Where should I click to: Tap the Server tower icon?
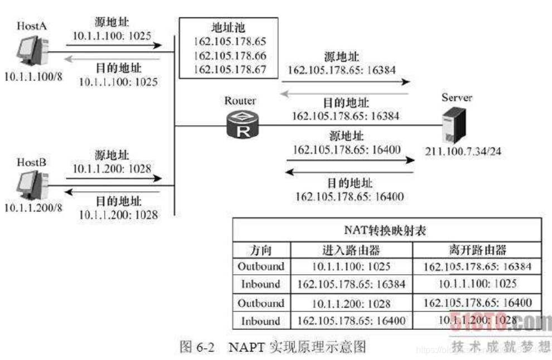(452, 125)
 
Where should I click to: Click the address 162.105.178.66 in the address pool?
(230, 56)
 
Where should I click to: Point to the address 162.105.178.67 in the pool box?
(230, 70)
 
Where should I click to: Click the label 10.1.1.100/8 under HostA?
(31, 76)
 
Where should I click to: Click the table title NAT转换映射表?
(386, 230)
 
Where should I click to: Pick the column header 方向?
(260, 249)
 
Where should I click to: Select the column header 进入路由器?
(351, 249)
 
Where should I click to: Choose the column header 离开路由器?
(477, 249)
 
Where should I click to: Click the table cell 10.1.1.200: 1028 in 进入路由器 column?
(351, 303)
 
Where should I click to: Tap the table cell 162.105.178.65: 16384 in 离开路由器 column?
(477, 266)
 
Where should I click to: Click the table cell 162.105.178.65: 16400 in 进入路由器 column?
(351, 320)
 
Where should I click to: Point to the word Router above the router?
(240, 101)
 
